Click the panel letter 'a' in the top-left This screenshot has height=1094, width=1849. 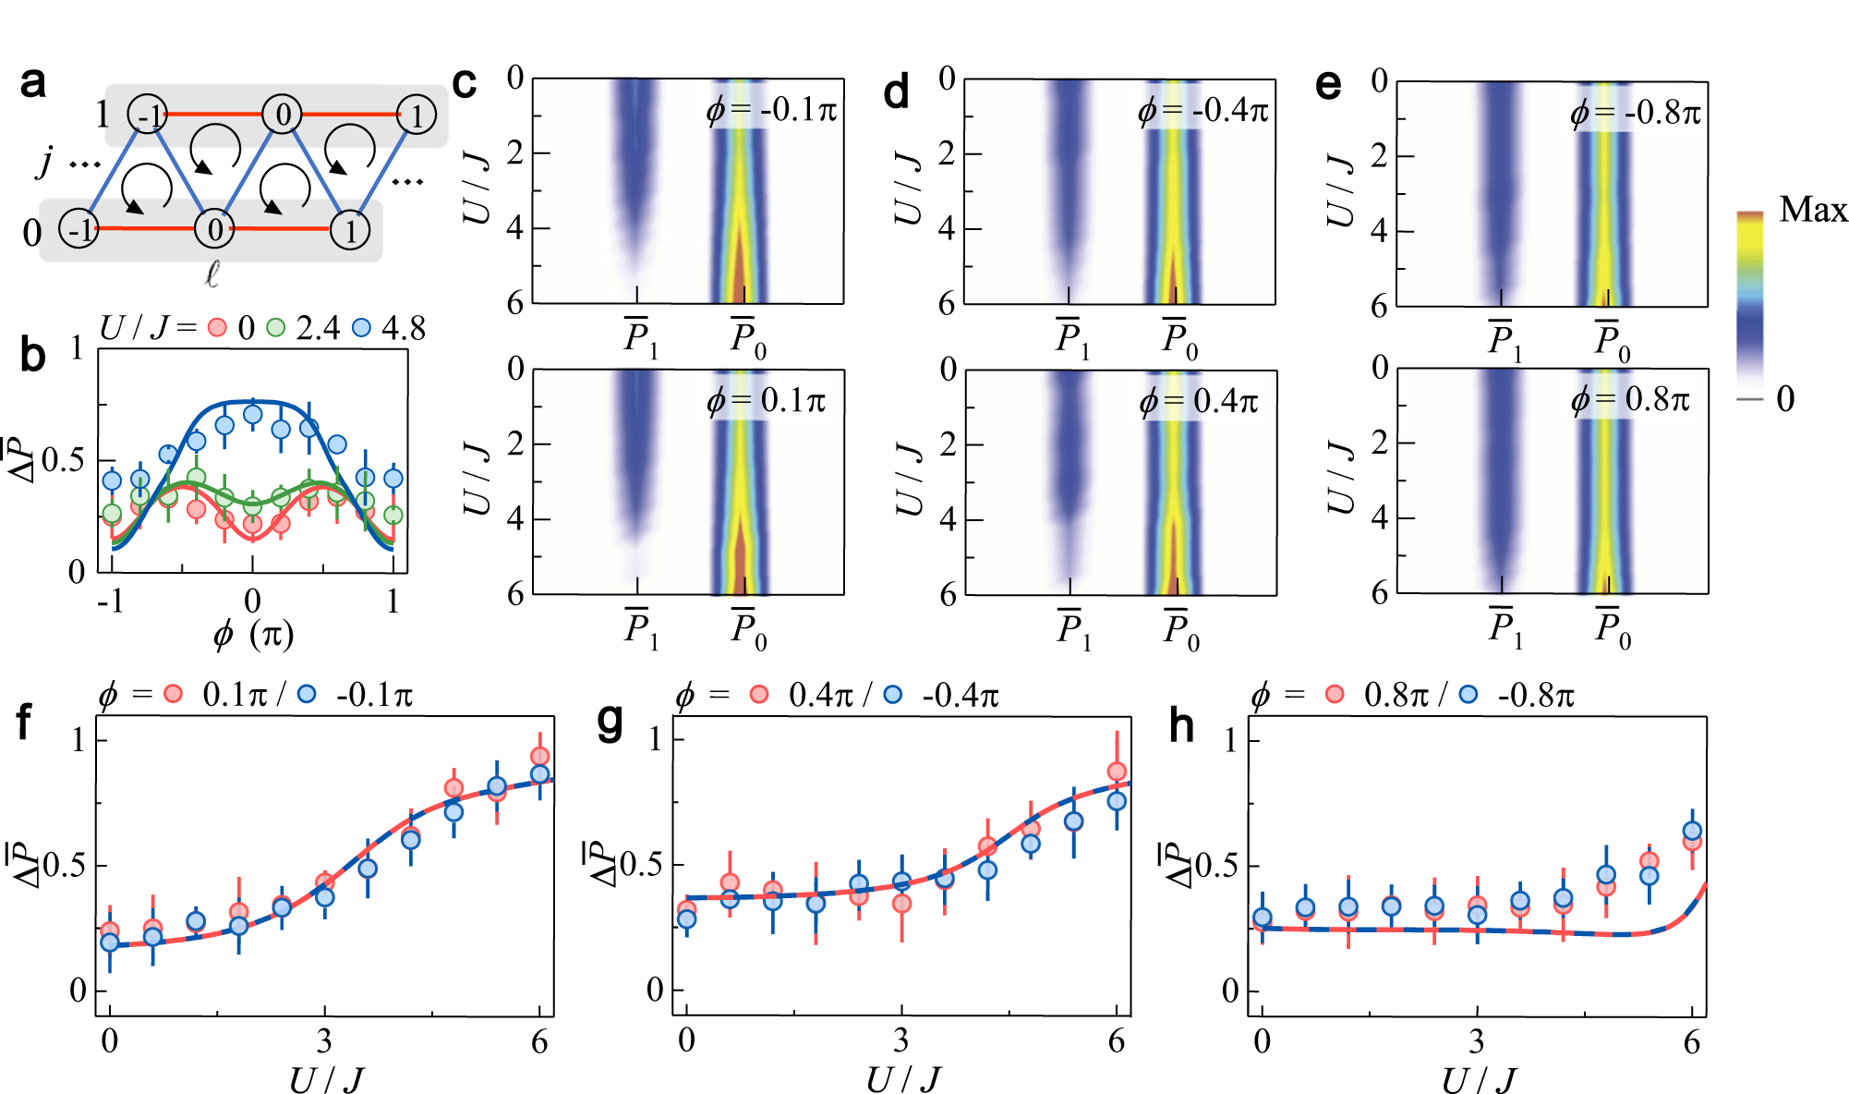(33, 83)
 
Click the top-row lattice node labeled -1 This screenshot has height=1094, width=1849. (148, 115)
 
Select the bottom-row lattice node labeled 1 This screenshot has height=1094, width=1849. (351, 230)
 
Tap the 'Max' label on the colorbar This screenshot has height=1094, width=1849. (1812, 210)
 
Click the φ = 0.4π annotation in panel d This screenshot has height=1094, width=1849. (1199, 401)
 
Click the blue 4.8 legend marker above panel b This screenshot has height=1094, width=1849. (362, 327)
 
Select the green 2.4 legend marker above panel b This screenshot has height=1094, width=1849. (275, 327)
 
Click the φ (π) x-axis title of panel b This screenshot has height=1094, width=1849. (252, 635)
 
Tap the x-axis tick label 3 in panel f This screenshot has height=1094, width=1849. (324, 1041)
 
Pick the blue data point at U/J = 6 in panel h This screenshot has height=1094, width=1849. (1692, 831)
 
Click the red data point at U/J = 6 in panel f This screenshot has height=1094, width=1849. (540, 757)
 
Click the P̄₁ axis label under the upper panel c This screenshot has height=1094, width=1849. (640, 338)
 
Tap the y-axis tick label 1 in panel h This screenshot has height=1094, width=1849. (1229, 740)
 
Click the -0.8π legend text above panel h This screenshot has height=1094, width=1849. (1536, 695)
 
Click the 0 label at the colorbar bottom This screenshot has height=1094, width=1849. (1785, 399)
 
